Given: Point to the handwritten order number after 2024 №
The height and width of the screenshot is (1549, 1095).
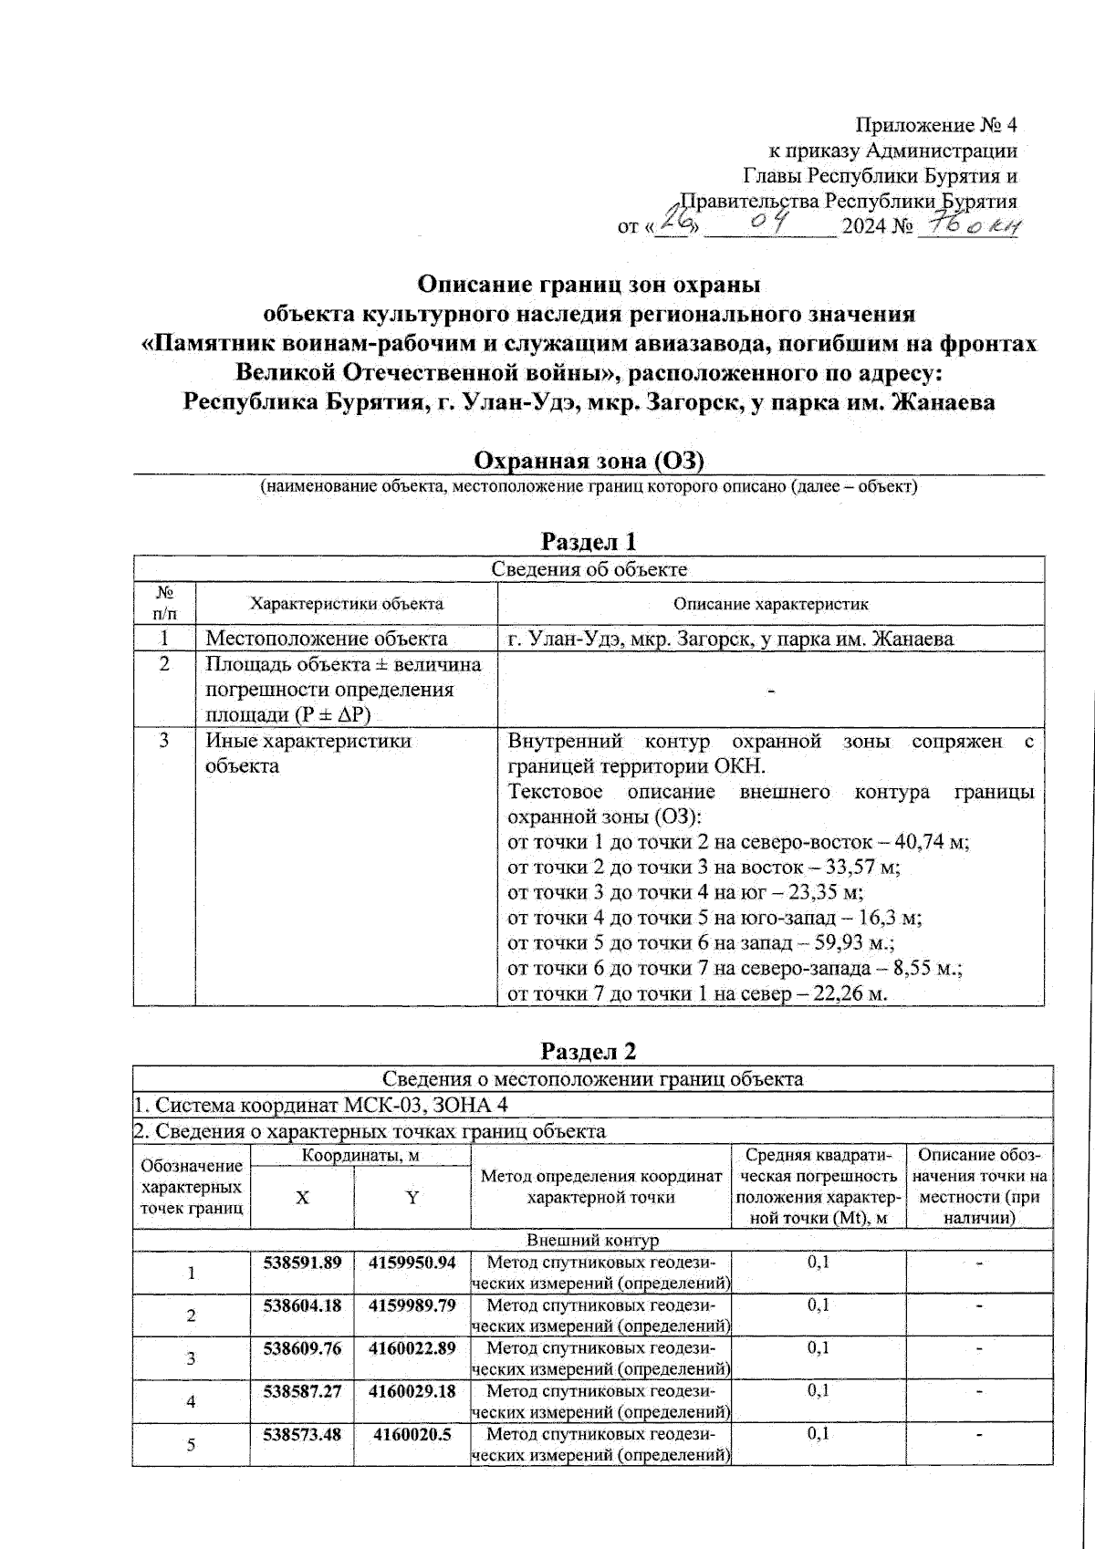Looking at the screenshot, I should [x=969, y=224].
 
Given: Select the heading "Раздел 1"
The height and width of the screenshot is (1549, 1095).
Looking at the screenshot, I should [x=589, y=541].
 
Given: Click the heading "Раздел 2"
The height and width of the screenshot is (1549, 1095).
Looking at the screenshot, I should [x=589, y=1051].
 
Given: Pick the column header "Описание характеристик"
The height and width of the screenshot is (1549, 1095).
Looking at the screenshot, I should [x=770, y=604].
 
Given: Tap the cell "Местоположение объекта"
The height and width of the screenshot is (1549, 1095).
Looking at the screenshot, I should [x=327, y=639].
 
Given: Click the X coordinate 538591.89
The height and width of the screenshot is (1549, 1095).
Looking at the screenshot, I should [x=302, y=1263].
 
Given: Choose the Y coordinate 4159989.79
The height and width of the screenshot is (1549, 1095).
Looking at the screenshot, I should [x=412, y=1305].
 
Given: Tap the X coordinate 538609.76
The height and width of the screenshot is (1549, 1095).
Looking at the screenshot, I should [x=302, y=1348].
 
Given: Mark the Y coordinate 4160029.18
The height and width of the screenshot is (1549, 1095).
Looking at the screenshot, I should [x=412, y=1391].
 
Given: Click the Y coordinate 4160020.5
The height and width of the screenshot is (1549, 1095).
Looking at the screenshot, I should [x=412, y=1434].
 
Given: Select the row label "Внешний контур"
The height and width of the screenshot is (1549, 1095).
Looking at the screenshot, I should [x=592, y=1241].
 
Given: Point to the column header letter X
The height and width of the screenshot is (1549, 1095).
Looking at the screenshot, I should [x=302, y=1198].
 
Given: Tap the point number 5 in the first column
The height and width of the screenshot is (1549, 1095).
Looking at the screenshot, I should [x=191, y=1445].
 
